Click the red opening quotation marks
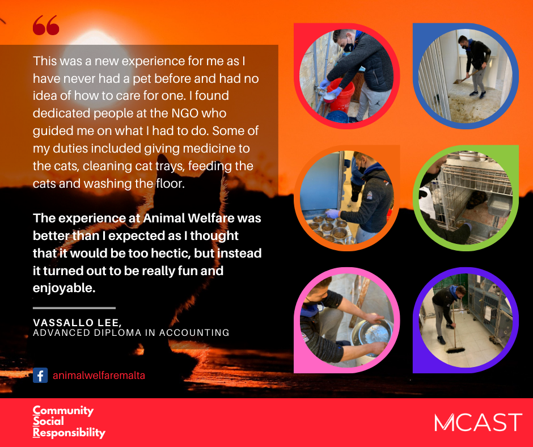(x=46, y=25)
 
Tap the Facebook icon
(x=40, y=376)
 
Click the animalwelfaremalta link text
(x=99, y=376)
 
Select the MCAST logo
(x=478, y=422)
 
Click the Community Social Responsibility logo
(x=69, y=422)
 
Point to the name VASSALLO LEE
(x=77, y=322)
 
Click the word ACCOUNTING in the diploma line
(x=194, y=333)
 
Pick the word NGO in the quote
(x=185, y=113)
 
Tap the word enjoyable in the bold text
(x=64, y=289)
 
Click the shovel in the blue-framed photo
(x=465, y=77)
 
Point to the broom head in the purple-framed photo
(x=455, y=349)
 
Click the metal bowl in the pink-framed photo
(x=371, y=336)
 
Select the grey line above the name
(x=74, y=308)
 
